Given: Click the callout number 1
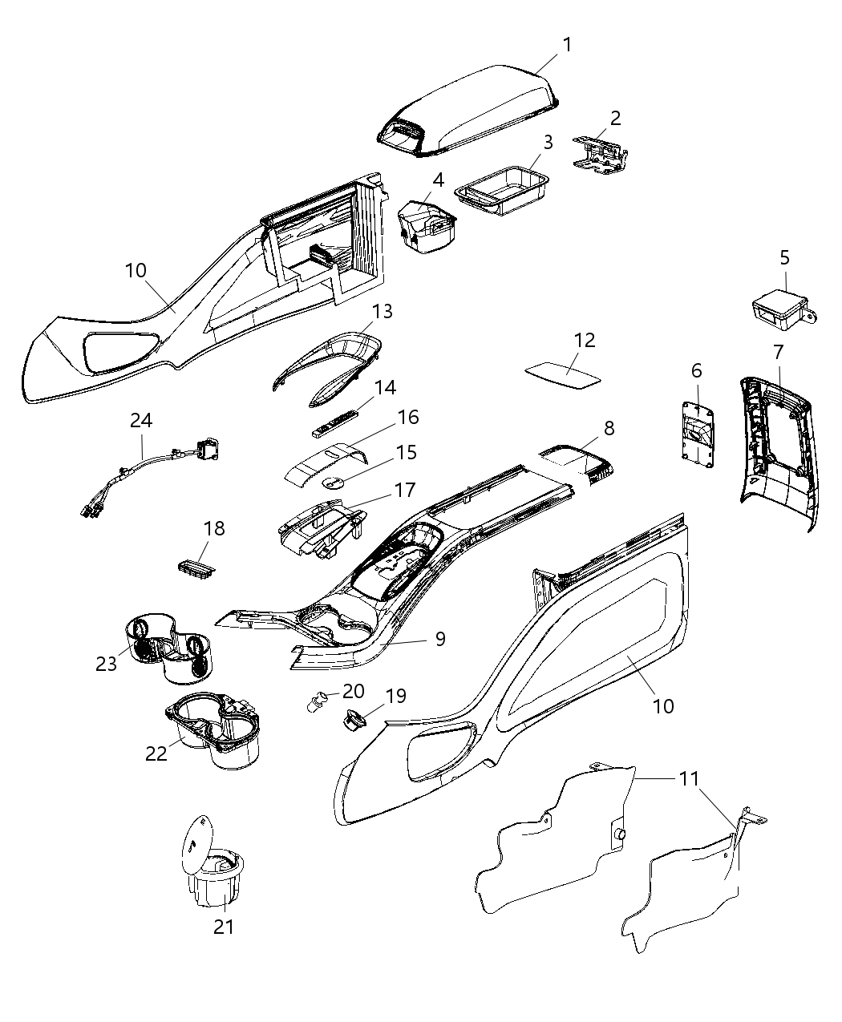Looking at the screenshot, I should [567, 44].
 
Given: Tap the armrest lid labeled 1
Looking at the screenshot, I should [473, 108].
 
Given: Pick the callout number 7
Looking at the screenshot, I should [777, 351].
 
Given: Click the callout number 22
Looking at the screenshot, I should [156, 753].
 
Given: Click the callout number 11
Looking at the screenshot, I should [689, 778].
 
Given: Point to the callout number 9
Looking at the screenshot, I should [439, 639].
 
